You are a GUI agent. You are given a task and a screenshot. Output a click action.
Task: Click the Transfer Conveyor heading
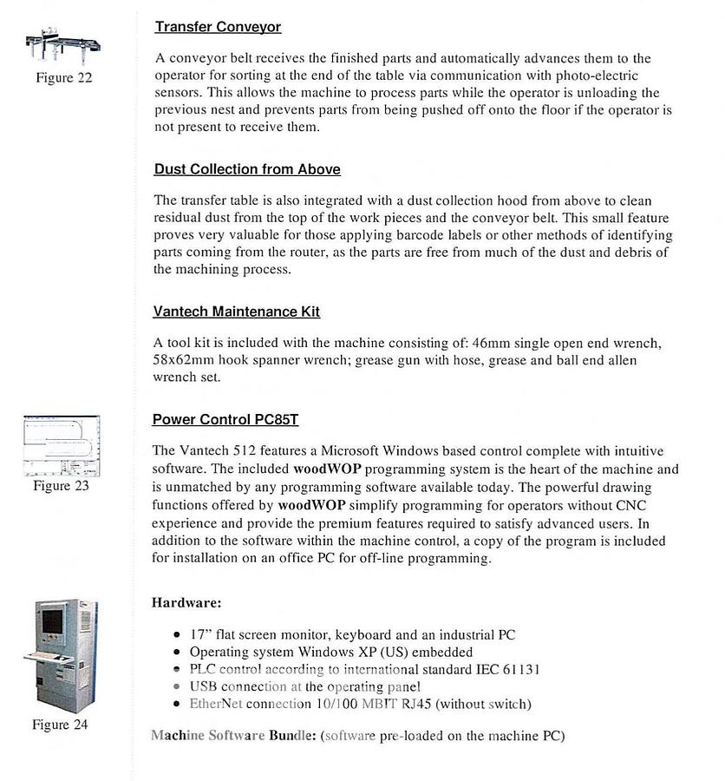coord(218,27)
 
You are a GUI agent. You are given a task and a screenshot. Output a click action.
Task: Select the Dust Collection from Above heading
coord(247,169)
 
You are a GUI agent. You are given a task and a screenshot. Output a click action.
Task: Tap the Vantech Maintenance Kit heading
coord(236,311)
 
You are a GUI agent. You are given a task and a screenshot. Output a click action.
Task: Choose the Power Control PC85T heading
coord(225,420)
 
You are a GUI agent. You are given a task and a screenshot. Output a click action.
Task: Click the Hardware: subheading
coord(186,601)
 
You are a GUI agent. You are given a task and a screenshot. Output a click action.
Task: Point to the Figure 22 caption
coord(63,78)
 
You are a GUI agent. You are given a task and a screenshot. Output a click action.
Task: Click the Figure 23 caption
coord(61,486)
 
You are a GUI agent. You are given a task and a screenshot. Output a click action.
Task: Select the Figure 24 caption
coord(60,725)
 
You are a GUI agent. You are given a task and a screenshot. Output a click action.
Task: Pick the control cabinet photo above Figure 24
coord(60,655)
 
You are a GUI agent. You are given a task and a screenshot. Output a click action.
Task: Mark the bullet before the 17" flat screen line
coord(177,635)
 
